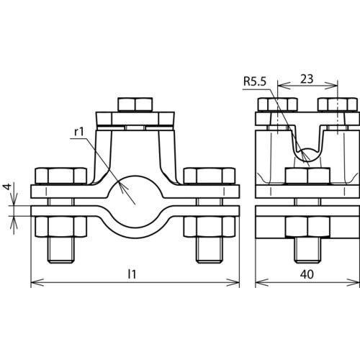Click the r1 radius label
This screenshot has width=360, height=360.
[x=79, y=132]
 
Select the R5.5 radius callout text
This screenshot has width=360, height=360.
[x=255, y=81]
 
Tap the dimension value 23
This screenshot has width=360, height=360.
[x=307, y=78]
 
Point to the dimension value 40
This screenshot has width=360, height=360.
[x=307, y=274]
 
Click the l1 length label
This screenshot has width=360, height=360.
[x=132, y=274]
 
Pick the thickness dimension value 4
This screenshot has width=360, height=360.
[x=8, y=186]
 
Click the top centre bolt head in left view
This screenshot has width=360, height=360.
[x=135, y=104]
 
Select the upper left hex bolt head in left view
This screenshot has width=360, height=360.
[x=61, y=176]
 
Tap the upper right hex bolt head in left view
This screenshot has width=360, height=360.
[x=210, y=176]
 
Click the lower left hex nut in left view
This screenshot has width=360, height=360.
[x=61, y=227]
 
